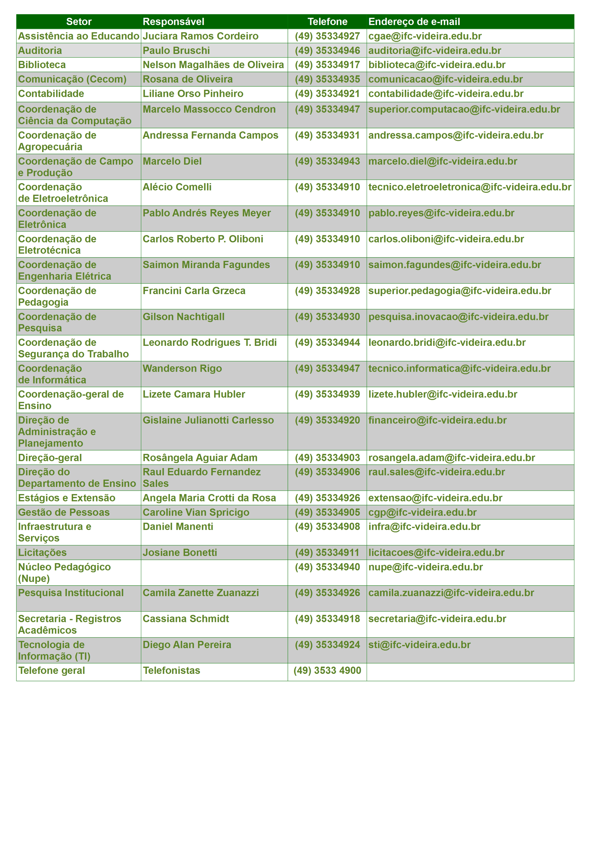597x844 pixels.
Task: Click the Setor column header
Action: pyautogui.click(x=79, y=22)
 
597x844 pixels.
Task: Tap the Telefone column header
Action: pyautogui.click(x=327, y=22)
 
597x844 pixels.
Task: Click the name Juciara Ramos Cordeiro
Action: pyautogui.click(x=200, y=36)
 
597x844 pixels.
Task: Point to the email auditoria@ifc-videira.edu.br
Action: pyautogui.click(x=435, y=50)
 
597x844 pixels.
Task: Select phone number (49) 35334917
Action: pyautogui.click(x=327, y=65)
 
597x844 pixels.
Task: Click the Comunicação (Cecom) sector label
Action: pyautogui.click(x=72, y=79)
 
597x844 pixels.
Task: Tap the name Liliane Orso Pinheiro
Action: pyautogui.click(x=193, y=93)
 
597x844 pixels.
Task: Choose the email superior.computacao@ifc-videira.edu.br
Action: pyautogui.click(x=464, y=109)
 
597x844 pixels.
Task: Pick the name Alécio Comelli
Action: pyautogui.click(x=177, y=187)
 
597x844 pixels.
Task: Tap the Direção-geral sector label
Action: pyautogui.click(x=50, y=458)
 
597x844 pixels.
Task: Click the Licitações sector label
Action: pyautogui.click(x=42, y=553)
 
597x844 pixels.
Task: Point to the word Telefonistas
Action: pyautogui.click(x=171, y=670)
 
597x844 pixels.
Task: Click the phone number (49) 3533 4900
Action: pyautogui.click(x=327, y=670)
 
